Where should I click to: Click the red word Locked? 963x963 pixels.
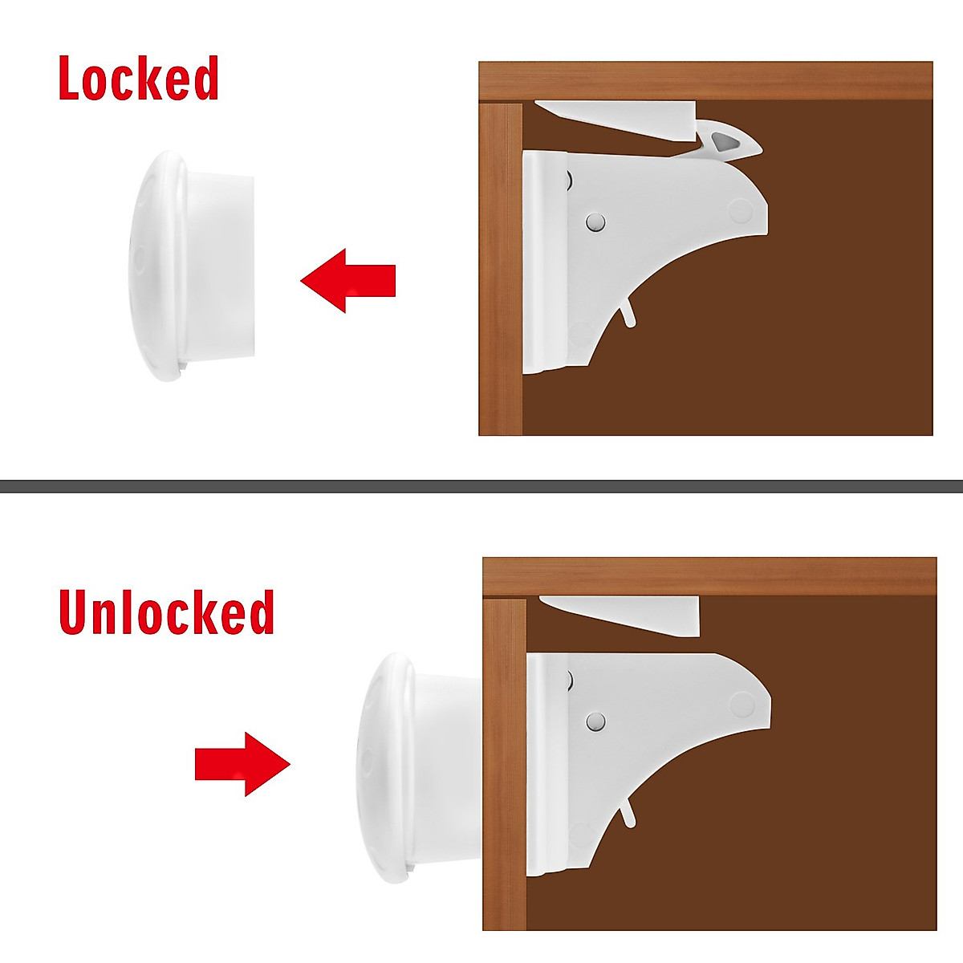click(x=138, y=79)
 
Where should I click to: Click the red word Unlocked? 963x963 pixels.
click(x=166, y=612)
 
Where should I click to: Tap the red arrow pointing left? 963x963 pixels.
click(x=348, y=280)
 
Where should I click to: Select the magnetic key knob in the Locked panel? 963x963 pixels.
click(x=193, y=265)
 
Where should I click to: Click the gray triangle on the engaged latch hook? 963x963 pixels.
click(x=725, y=144)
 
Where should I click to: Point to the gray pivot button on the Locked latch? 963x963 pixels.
click(x=595, y=222)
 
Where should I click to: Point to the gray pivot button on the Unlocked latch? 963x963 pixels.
click(x=595, y=721)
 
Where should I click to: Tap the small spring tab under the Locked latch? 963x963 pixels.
click(x=628, y=314)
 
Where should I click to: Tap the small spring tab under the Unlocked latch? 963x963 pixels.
click(x=628, y=813)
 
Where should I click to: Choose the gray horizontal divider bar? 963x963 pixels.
click(x=481, y=486)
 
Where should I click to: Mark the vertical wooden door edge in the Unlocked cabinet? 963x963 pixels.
click(x=504, y=770)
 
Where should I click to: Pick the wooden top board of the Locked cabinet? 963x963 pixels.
click(x=706, y=80)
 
